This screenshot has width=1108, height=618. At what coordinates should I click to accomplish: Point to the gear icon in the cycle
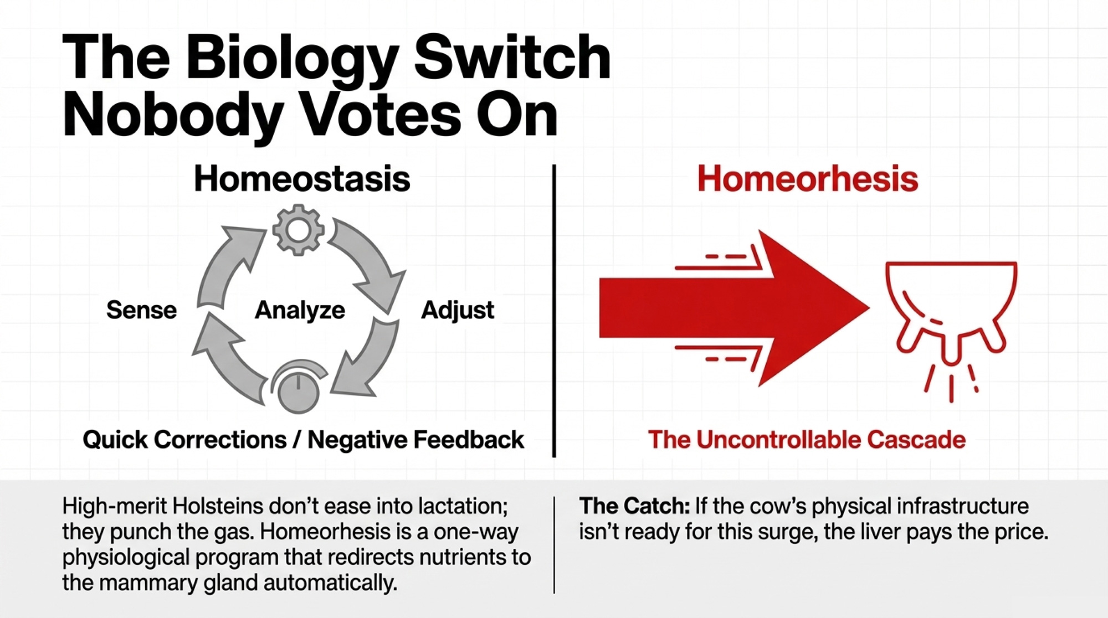point(298,230)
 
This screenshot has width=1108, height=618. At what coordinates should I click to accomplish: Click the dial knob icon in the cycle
point(299,387)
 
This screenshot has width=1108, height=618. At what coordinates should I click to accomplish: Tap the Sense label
point(141,310)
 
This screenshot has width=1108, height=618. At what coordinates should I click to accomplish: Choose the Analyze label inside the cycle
point(300,311)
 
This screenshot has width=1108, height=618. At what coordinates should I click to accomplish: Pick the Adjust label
point(458,310)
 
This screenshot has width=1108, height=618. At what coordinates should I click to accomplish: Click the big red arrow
point(734,308)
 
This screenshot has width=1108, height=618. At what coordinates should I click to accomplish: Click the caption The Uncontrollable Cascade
point(807,440)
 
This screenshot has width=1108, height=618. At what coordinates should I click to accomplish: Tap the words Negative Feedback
point(416,440)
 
